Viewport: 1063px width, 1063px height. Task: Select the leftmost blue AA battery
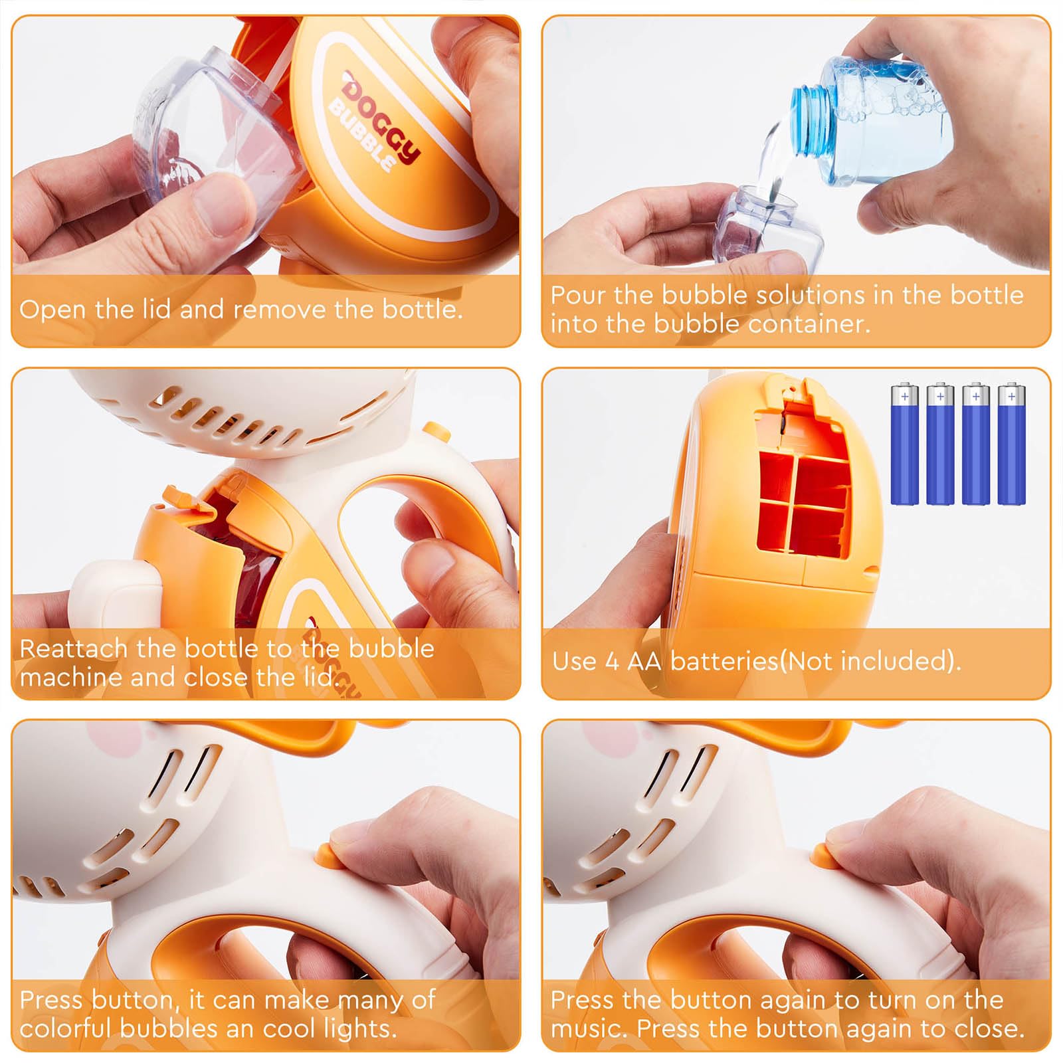(x=904, y=443)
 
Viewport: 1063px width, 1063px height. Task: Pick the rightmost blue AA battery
(x=1011, y=443)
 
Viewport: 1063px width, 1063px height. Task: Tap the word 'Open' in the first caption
(x=53, y=310)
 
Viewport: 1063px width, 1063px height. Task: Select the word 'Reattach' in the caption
(x=74, y=648)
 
